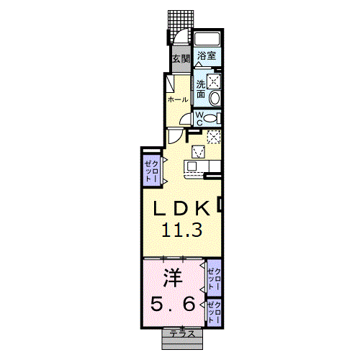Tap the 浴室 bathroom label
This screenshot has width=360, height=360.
[207, 55]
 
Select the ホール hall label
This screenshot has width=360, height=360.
[178, 99]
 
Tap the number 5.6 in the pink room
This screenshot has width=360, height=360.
[171, 305]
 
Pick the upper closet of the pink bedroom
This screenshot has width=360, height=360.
[213, 276]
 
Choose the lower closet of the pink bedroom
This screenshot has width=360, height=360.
[213, 310]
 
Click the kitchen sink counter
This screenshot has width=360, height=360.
[197, 166]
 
